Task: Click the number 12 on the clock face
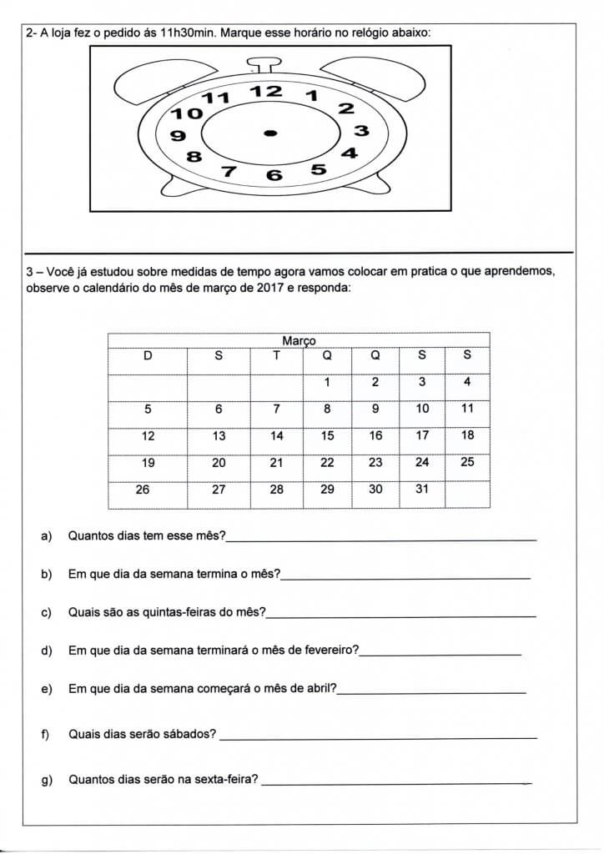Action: [269, 91]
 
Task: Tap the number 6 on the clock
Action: [274, 175]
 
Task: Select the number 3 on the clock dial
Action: [360, 131]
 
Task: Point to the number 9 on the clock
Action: [177, 136]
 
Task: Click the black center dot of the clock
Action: [269, 133]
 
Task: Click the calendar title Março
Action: [299, 340]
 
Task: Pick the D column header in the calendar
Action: [148, 355]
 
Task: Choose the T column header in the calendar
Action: [277, 355]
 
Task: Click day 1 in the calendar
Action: [327, 382]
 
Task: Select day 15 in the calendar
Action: [327, 435]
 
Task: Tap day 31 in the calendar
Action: [422, 490]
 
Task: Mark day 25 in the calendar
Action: [467, 462]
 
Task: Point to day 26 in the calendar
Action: [143, 490]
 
